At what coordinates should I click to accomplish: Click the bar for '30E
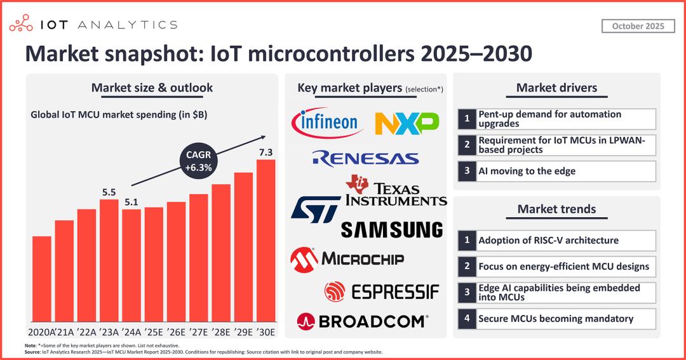[266, 241]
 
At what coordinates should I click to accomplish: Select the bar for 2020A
[42, 279]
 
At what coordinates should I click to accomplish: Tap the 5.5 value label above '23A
[109, 190]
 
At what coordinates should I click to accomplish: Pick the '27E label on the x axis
[199, 332]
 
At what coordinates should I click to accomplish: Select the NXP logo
[407, 123]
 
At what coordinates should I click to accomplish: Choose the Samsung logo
[391, 229]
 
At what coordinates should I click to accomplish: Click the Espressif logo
[381, 291]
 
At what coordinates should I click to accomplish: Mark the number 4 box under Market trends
[467, 319]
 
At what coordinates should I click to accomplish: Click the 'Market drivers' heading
[556, 88]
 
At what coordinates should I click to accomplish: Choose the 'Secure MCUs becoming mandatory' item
[556, 319]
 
